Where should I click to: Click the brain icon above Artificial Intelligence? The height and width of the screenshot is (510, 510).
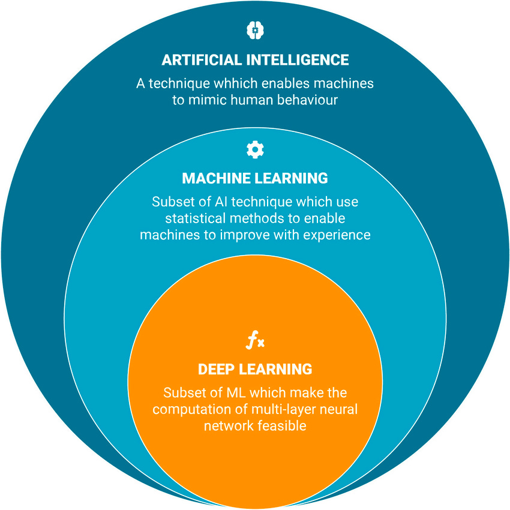coord(255,29)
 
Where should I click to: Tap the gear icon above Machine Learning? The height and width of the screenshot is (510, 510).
coord(255,149)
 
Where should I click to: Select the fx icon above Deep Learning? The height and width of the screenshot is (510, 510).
coord(255,342)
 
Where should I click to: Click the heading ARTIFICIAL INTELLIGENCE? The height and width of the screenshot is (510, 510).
coord(255,60)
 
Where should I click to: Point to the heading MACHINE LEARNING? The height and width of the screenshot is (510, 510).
coord(255,178)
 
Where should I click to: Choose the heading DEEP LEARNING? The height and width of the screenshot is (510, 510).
coord(255,368)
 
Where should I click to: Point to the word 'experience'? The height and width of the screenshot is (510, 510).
coord(338,235)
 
